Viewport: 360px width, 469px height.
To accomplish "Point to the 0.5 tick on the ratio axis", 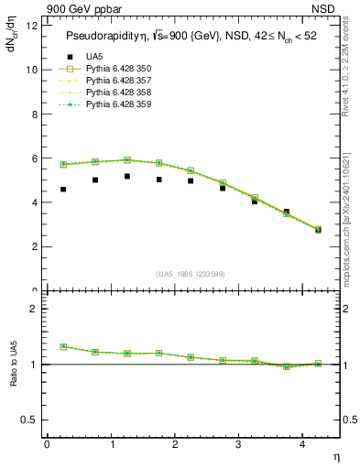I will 29,420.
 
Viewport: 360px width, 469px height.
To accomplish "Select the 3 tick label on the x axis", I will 238,444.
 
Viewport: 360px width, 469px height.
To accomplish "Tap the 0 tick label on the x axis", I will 47,444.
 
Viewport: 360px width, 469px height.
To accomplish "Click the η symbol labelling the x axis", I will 335,455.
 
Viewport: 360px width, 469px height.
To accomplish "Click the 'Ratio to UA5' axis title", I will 13,377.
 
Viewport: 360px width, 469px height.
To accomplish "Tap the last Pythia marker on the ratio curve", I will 319,364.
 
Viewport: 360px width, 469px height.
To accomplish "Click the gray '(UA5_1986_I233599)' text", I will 191,274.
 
